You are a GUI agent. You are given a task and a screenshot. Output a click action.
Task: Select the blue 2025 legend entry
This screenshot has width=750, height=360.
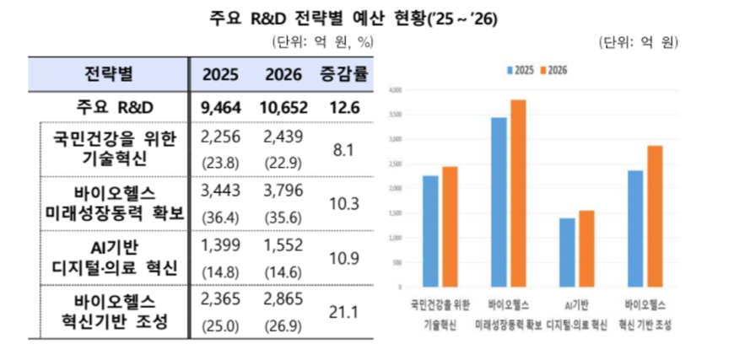[x=517, y=69]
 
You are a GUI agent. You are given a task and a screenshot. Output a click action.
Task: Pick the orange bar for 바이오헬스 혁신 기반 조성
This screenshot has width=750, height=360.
[x=655, y=218]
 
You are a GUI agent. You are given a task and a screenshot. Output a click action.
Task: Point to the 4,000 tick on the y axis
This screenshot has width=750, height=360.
[x=394, y=89]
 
